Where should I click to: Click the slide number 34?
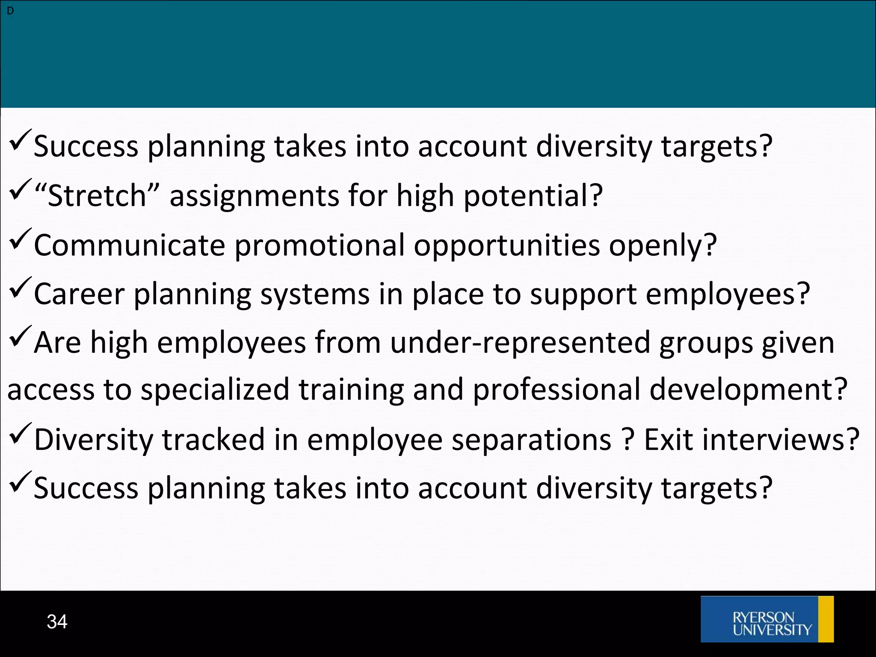point(57,621)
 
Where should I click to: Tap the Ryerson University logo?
point(767,619)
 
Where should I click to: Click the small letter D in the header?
point(10,11)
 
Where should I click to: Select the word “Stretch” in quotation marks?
point(97,195)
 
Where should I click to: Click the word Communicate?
point(129,246)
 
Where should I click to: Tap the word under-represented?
point(520,343)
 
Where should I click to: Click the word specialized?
point(215,390)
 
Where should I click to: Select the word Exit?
point(668,440)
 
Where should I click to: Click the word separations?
point(531,440)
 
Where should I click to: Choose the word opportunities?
point(506,246)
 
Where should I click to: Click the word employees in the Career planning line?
point(728,294)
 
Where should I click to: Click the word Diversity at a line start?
point(93,440)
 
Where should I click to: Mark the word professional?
point(556,390)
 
